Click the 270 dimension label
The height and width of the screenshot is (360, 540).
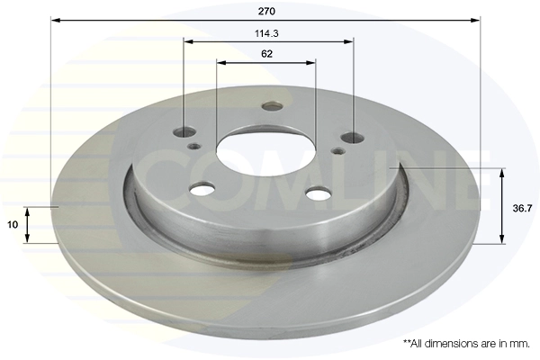pyautogui.click(x=266, y=12)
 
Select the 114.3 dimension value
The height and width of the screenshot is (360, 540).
pyautogui.click(x=266, y=33)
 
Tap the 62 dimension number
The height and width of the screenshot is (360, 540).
pyautogui.click(x=267, y=54)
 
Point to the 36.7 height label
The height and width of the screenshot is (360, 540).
pyautogui.click(x=522, y=208)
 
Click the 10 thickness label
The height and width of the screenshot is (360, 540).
pyautogui.click(x=13, y=225)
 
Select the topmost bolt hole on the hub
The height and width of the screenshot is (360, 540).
pyautogui.click(x=272, y=105)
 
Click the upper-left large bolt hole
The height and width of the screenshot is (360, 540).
pyautogui.click(x=184, y=131)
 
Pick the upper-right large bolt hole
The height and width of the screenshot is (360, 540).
pyautogui.click(x=352, y=138)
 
